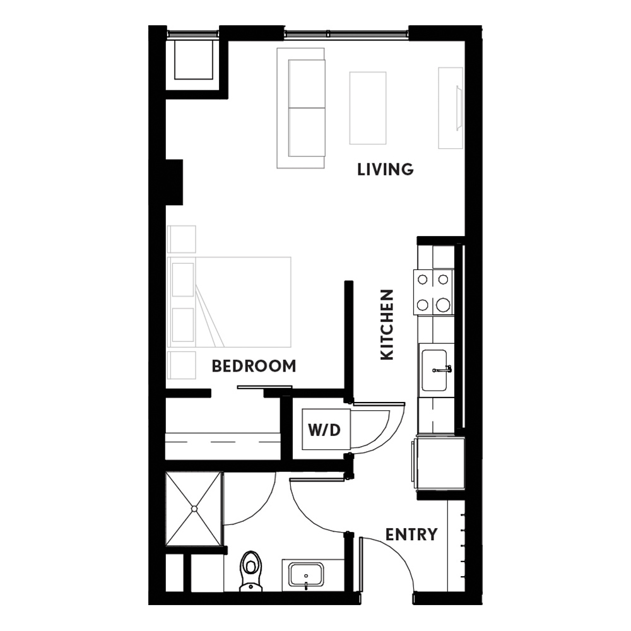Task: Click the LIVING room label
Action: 385,169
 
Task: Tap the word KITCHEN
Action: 387,324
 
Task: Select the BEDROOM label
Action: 254,366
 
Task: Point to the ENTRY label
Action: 411,534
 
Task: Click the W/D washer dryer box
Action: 326,429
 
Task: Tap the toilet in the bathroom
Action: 251,571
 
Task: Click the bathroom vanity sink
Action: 306,575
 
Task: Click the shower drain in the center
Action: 194,509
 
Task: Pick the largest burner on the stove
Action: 443,305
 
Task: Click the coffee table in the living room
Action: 368,108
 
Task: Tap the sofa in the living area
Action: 301,108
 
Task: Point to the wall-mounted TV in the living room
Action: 457,108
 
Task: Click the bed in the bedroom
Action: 229,302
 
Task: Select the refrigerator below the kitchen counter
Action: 438,463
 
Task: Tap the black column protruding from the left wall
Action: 174,182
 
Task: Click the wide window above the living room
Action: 346,35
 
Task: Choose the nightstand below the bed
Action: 182,365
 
